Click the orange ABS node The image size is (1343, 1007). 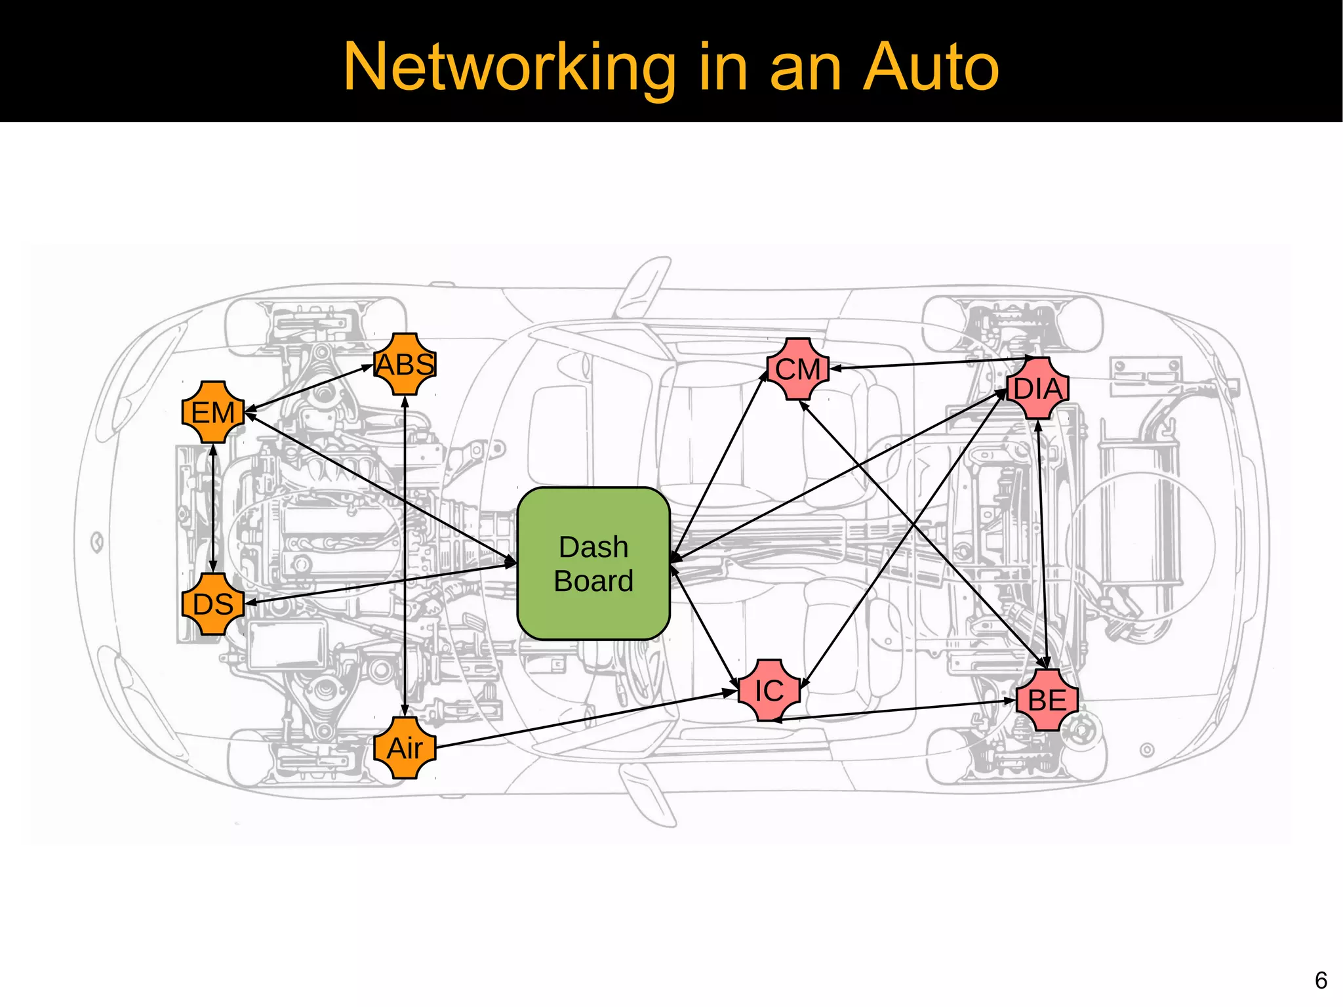point(405,364)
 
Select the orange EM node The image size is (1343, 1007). point(212,413)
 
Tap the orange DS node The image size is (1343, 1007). point(212,604)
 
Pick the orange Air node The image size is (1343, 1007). point(405,748)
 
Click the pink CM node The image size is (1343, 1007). point(798,369)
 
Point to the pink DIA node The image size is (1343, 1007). point(1038,388)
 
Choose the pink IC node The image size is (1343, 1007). point(769,690)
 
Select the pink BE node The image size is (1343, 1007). point(1047,700)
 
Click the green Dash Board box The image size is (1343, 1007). point(593,564)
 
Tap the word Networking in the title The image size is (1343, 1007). point(509,67)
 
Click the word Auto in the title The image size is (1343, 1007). point(931,67)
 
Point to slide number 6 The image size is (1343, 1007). point(1321,980)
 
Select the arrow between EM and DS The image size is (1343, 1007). point(212,508)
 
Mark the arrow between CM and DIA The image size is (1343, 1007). point(931,363)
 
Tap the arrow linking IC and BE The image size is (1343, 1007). point(895,710)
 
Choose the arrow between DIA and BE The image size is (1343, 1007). point(1043,545)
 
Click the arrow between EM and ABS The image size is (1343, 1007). point(309,388)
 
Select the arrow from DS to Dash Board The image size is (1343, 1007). point(380,583)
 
